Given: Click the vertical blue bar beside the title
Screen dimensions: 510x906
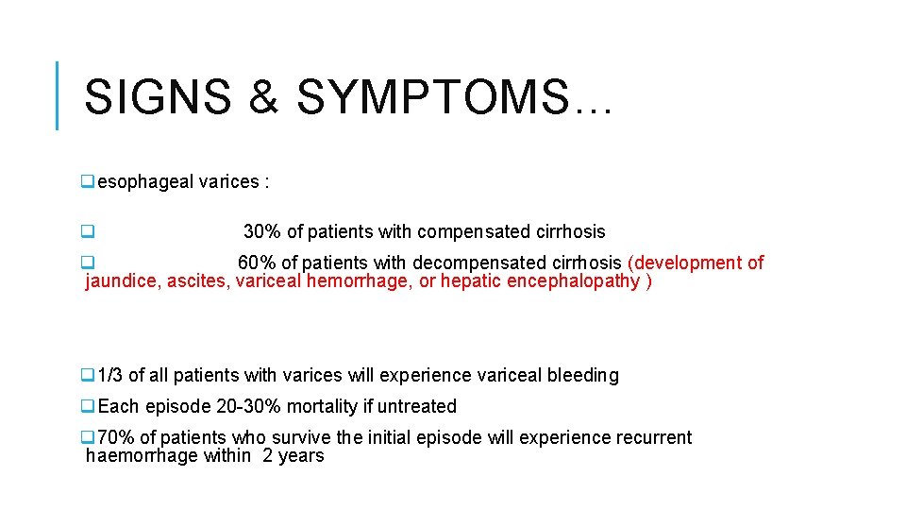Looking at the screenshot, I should (58, 94).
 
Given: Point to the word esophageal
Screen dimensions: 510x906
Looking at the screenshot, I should (145, 182).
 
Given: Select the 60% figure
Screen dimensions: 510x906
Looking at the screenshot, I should (256, 263).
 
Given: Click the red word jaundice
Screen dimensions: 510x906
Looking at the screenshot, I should (122, 281).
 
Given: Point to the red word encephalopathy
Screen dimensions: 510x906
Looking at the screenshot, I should (573, 281).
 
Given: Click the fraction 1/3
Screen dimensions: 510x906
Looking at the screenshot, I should (110, 376).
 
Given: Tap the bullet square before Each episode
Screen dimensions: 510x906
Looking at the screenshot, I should (87, 407).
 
